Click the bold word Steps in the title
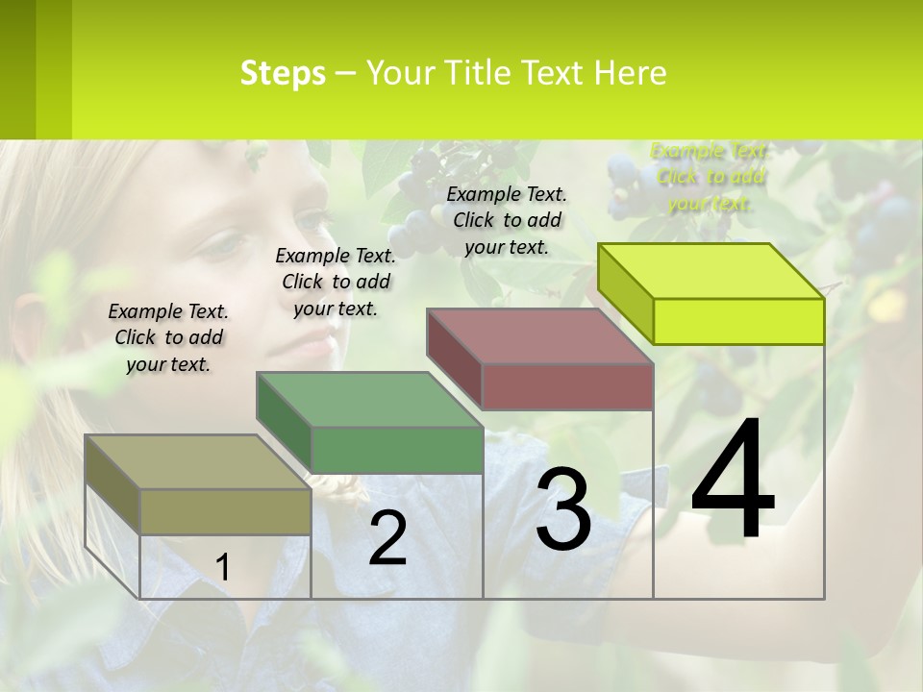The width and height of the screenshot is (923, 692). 283,73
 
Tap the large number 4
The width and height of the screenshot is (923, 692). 733,481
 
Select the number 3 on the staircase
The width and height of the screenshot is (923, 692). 563,509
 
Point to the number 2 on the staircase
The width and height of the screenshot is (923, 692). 387,538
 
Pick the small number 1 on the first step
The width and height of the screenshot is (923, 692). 222,567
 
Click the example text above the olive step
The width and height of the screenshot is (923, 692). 168,337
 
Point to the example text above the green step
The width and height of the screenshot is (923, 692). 336,282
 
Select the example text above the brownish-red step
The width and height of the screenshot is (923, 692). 507,220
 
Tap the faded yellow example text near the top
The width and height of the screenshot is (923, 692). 710,177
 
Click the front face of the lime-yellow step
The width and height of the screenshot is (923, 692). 738,321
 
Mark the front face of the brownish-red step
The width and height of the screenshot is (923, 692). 567,386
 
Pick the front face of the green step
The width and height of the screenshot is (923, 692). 397,450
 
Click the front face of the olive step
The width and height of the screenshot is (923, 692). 225,511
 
